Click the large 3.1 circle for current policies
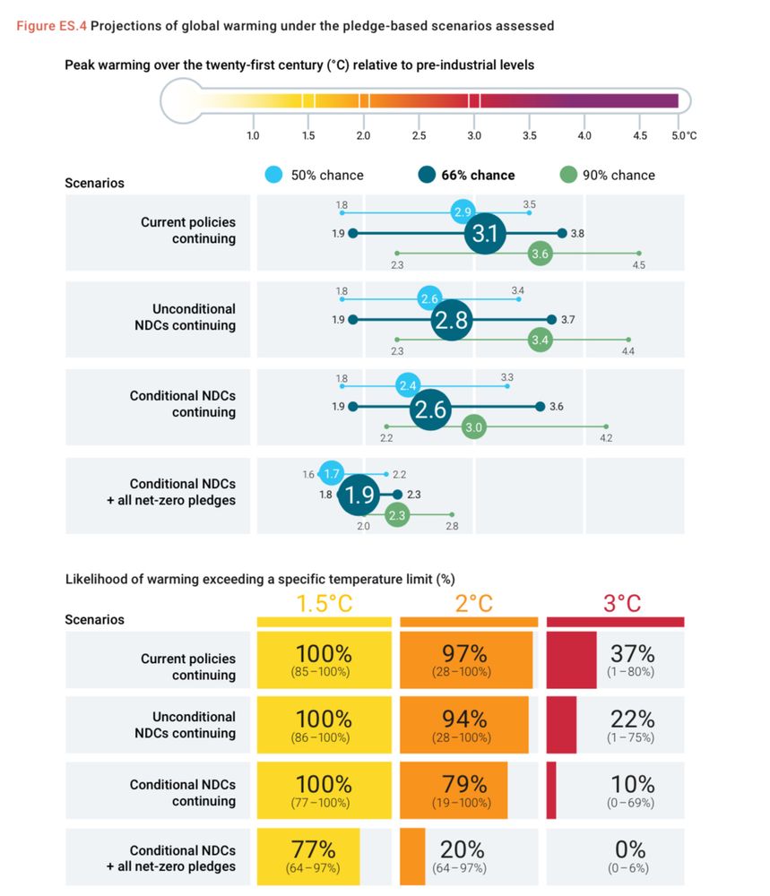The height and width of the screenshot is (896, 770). pyautogui.click(x=485, y=233)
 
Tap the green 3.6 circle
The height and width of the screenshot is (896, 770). pyautogui.click(x=540, y=254)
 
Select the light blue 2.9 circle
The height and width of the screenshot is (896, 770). pyautogui.click(x=463, y=212)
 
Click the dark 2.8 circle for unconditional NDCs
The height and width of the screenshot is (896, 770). pyautogui.click(x=452, y=320)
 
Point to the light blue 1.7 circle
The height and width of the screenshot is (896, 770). pyautogui.click(x=331, y=473)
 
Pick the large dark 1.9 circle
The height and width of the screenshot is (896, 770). pyautogui.click(x=359, y=495)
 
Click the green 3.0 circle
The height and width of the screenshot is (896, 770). pyautogui.click(x=473, y=426)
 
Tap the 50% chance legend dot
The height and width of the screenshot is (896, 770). pyautogui.click(x=273, y=175)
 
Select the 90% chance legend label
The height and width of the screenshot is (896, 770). pyautogui.click(x=619, y=176)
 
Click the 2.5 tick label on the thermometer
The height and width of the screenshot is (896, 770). pyautogui.click(x=419, y=135)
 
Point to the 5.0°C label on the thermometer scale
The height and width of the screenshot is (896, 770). pyautogui.click(x=684, y=135)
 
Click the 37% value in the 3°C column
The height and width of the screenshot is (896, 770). pyautogui.click(x=632, y=653)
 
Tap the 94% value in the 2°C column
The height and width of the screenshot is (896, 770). pyautogui.click(x=464, y=719)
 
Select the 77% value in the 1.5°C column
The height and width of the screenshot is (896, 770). pyautogui.click(x=313, y=849)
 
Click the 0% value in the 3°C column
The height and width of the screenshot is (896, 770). pyautogui.click(x=630, y=849)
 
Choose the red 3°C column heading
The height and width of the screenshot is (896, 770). pyautogui.click(x=622, y=603)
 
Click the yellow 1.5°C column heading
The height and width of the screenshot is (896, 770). pyautogui.click(x=324, y=603)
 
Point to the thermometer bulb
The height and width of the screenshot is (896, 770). pyautogui.click(x=182, y=101)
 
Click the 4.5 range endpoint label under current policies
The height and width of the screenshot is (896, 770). pyautogui.click(x=638, y=265)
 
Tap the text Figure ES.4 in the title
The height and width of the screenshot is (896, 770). pyautogui.click(x=51, y=26)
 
